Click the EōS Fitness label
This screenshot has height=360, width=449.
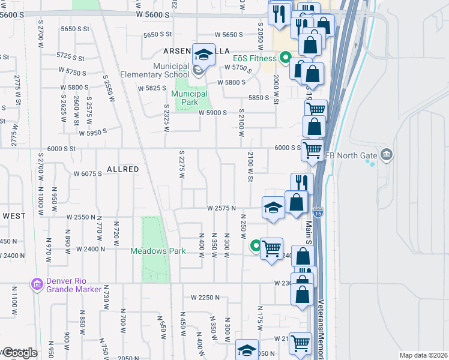click(x=255, y=58)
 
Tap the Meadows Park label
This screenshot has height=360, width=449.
click(x=158, y=251)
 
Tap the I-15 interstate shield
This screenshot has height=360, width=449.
click(x=317, y=212)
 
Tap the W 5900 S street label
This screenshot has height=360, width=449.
click(x=213, y=113)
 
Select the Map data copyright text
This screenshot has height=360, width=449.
click(x=424, y=355)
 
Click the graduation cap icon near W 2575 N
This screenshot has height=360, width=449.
click(x=273, y=208)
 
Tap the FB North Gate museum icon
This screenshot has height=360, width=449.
click(x=387, y=155)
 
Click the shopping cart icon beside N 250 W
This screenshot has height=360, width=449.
click(x=272, y=248)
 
